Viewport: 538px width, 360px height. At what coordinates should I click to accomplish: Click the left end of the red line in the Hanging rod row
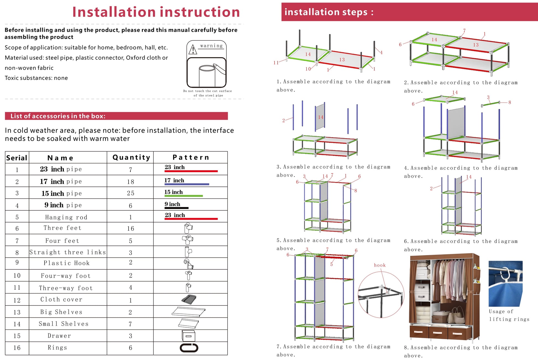(165, 219)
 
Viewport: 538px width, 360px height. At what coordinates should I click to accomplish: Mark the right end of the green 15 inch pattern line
(203, 196)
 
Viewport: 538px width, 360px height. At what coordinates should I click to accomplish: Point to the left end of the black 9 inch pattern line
(165, 208)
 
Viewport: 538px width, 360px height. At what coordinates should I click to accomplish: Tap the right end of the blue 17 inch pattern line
(209, 184)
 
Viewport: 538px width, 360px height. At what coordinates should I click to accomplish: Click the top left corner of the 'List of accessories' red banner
(5, 112)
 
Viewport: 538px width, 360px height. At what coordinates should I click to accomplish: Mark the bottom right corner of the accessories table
(228, 355)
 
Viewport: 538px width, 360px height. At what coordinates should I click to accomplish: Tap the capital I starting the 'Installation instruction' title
(74, 12)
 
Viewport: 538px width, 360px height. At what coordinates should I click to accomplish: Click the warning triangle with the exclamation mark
(192, 50)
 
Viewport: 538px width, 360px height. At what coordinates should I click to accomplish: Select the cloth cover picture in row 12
(189, 299)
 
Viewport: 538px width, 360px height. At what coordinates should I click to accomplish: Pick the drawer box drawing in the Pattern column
(189, 336)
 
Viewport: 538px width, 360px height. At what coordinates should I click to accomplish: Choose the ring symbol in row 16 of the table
(189, 348)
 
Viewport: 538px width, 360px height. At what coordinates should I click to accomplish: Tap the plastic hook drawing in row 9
(189, 264)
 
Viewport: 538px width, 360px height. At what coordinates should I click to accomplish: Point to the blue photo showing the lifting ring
(505, 283)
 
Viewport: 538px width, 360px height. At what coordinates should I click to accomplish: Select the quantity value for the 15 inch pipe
(130, 193)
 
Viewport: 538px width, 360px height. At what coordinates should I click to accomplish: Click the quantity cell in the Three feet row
(130, 229)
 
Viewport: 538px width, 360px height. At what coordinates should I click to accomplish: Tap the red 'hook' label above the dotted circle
(380, 265)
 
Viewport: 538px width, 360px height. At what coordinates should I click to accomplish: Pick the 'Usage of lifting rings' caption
(509, 315)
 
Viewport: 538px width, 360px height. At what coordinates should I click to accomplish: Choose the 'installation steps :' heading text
(329, 12)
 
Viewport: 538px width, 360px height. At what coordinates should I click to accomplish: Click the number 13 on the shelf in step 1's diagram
(342, 59)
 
